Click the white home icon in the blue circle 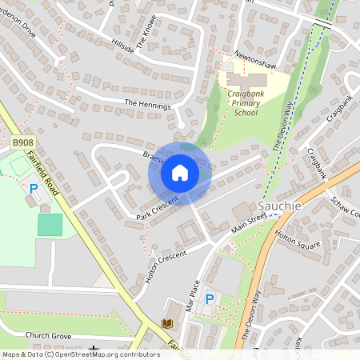(180, 173)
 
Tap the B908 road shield (22, 142)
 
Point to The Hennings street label (148, 104)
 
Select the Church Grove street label (49, 336)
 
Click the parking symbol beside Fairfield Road (34, 190)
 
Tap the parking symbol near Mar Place (210, 298)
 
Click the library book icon (167, 323)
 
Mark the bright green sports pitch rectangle (50, 224)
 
